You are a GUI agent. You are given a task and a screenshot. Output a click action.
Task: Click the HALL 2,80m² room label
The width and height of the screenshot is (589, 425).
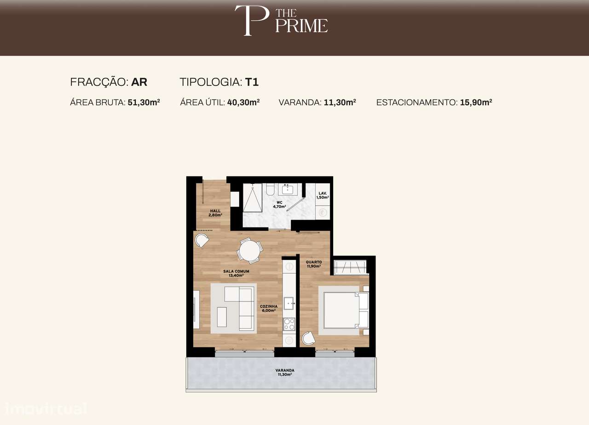tap(214, 213)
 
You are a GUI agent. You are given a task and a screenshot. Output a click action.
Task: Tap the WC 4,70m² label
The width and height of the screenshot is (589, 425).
tap(279, 204)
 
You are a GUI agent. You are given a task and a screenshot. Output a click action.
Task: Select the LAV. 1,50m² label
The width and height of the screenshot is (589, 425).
tap(323, 195)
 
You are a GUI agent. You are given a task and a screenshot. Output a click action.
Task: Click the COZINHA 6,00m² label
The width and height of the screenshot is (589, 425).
tap(268, 308)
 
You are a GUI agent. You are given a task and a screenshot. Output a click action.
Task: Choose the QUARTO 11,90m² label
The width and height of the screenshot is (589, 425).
tap(314, 264)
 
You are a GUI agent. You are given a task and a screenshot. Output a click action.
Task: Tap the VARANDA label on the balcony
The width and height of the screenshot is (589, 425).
tap(285, 372)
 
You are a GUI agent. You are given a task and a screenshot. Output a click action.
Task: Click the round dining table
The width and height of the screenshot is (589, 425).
tap(249, 251)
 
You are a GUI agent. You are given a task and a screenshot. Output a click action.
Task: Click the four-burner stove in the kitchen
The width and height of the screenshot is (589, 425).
tap(289, 324)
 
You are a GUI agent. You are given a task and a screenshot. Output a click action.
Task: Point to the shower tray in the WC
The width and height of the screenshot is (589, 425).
tap(252, 198)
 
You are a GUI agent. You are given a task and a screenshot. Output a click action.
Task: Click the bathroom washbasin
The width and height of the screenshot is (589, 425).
tap(288, 189)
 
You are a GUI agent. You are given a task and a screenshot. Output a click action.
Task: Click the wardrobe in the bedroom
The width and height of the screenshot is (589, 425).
tap(351, 267)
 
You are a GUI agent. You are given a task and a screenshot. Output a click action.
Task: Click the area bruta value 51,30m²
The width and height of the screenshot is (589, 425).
tap(144, 102)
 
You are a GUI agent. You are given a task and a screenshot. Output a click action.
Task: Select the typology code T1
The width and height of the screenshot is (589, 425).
tap(252, 82)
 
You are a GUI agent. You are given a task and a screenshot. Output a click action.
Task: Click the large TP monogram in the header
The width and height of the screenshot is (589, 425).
tap(251, 20)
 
